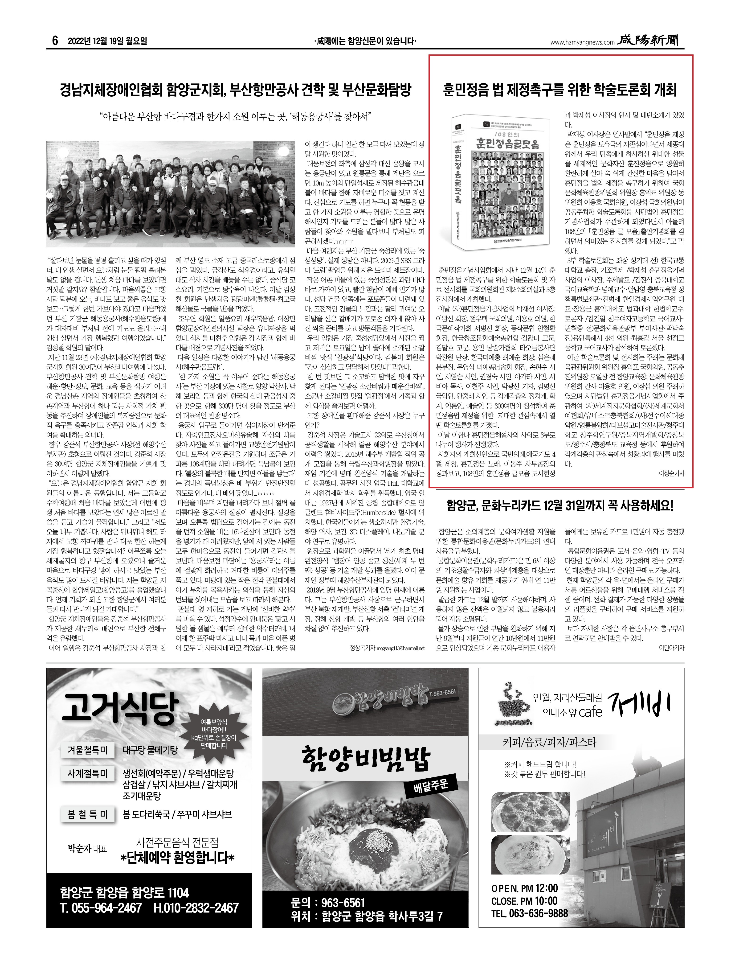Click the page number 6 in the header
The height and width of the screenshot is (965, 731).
pyautogui.click(x=55, y=41)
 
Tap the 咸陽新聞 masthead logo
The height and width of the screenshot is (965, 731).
pyautogui.click(x=651, y=41)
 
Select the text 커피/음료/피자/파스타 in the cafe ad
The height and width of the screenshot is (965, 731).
pyautogui.click(x=549, y=742)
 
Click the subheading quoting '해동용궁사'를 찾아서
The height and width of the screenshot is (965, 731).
pyautogui.click(x=235, y=117)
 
